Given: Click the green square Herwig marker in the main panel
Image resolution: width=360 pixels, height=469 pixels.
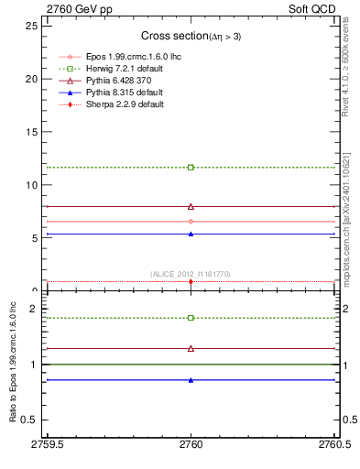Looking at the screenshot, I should pos(191,168).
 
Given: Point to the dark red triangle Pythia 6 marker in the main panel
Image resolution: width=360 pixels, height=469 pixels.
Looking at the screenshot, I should pos(191,207).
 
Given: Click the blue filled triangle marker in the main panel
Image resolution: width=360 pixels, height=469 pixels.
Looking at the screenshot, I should pos(191,234).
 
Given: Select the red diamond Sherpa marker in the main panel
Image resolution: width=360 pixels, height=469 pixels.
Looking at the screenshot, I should pos(191,281).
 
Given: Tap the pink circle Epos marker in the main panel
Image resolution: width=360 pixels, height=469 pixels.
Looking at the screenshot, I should pos(191,222).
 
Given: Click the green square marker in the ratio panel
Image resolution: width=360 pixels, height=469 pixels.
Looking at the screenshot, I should pos(191,318).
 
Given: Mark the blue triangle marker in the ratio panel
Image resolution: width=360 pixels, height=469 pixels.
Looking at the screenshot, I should pos(191,380).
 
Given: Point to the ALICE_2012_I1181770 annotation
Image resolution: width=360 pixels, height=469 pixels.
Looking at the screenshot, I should pos(191,273).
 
